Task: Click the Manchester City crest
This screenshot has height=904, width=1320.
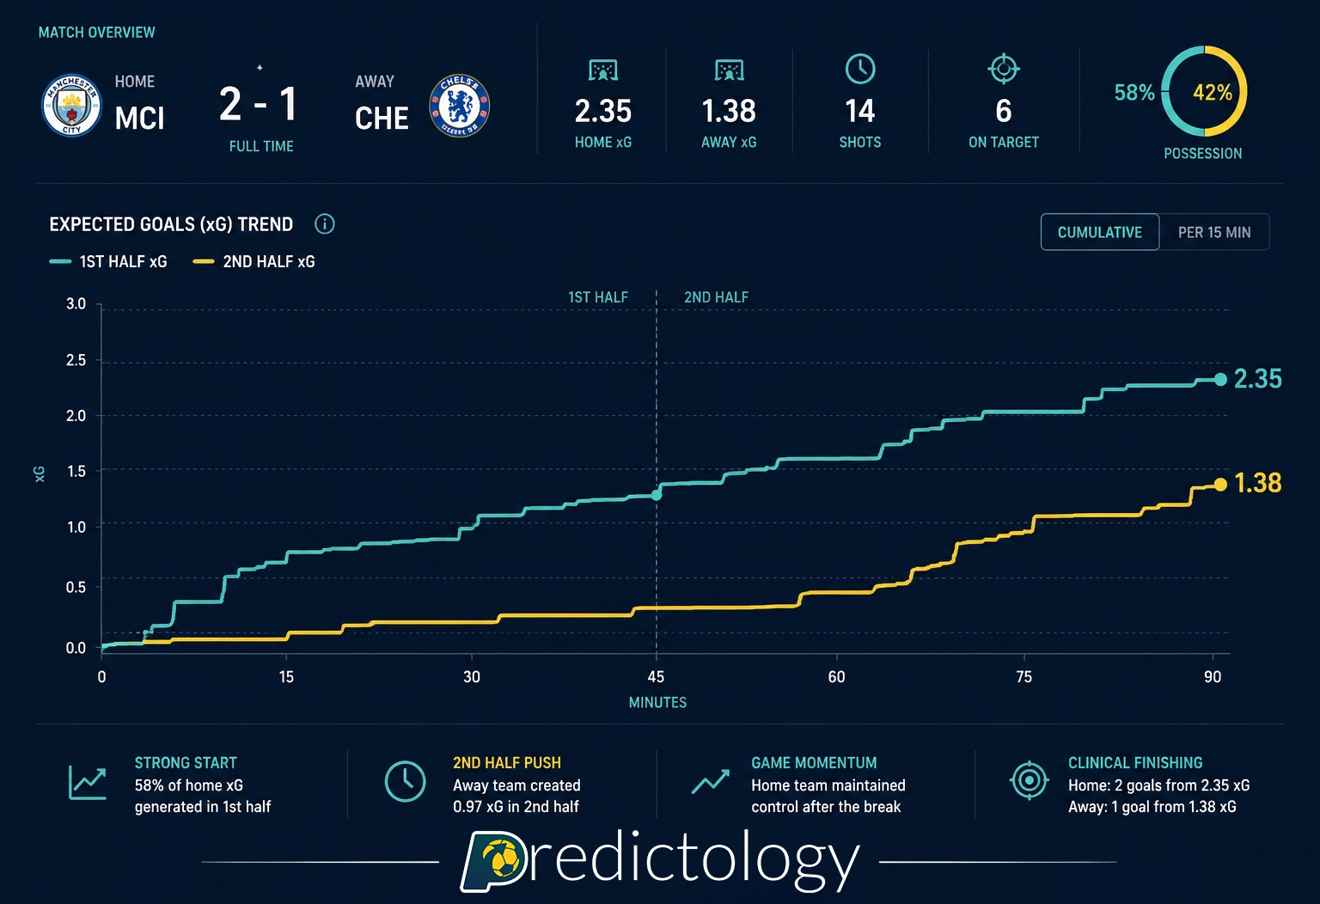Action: (72, 105)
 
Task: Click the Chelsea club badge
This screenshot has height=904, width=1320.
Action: (460, 106)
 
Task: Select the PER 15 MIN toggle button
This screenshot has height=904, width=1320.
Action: (1213, 232)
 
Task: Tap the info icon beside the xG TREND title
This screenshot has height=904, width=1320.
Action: (325, 224)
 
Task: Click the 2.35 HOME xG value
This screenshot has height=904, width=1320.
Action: (602, 111)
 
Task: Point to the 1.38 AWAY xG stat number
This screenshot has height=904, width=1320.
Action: (729, 111)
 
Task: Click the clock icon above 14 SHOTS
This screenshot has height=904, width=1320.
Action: (860, 70)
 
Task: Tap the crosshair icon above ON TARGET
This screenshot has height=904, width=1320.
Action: (1003, 69)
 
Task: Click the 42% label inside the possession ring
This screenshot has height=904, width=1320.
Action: (1212, 93)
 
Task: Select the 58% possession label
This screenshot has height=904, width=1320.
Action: (1134, 93)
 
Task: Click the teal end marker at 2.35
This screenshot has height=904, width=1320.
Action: (1220, 379)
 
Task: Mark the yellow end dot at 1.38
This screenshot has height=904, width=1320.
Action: (1220, 485)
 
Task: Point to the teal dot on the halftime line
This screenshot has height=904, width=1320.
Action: (657, 495)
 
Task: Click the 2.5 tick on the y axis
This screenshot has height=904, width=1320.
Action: (76, 360)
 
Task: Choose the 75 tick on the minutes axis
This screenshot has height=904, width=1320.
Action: (1024, 677)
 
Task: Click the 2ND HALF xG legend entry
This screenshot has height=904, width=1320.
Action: (254, 262)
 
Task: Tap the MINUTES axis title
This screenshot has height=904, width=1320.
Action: (657, 702)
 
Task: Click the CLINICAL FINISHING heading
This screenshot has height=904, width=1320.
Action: (1134, 763)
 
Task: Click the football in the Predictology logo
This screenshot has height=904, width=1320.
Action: (501, 859)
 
